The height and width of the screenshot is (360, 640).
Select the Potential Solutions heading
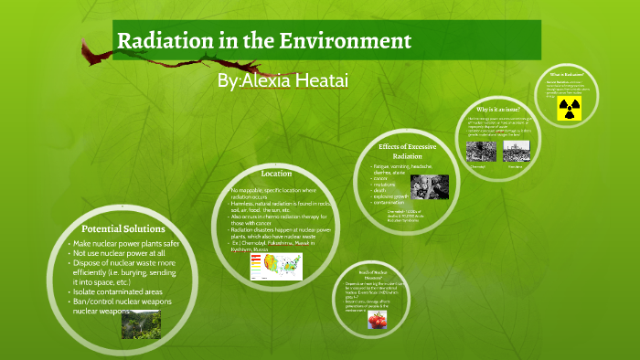[123, 228]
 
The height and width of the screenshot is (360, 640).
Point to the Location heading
[276, 174]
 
